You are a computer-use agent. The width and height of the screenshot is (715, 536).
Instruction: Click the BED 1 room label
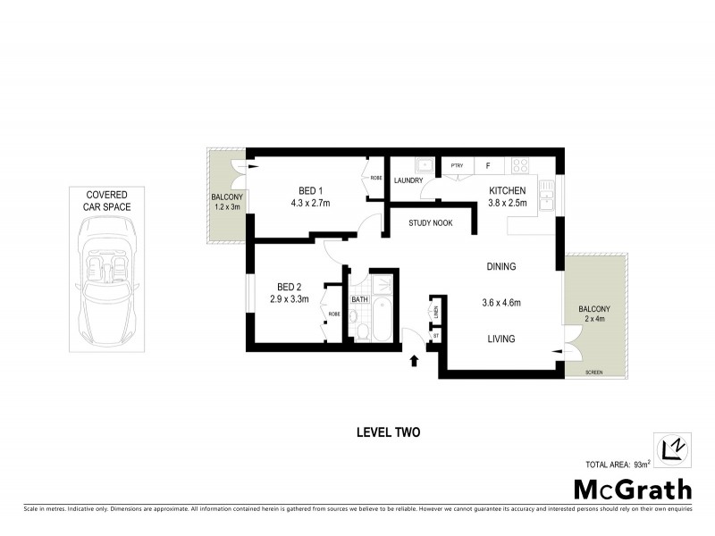(x=310, y=189)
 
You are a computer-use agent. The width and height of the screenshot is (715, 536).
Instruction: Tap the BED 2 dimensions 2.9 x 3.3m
(x=289, y=298)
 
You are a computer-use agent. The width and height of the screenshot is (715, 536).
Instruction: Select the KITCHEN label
(x=507, y=189)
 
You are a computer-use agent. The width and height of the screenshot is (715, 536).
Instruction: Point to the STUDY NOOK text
(x=433, y=223)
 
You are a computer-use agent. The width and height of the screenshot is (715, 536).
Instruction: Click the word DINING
(x=500, y=266)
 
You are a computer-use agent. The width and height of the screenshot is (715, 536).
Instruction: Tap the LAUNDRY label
(x=408, y=181)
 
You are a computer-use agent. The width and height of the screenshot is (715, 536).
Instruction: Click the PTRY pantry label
(x=457, y=165)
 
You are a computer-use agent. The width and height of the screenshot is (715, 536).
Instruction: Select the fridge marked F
(x=488, y=165)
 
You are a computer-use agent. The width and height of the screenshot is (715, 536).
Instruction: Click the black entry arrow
(x=414, y=360)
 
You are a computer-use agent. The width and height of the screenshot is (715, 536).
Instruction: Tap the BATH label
(x=359, y=299)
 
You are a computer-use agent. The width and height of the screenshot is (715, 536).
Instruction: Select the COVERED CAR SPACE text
(x=107, y=201)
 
